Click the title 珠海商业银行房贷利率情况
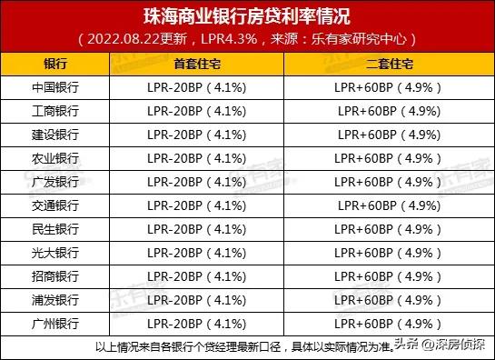(x=247, y=16)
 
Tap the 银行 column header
(x=54, y=65)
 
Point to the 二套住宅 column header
(x=388, y=65)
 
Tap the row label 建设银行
(x=54, y=135)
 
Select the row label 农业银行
(x=54, y=158)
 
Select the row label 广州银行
(x=54, y=324)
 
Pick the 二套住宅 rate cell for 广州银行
(x=388, y=324)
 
